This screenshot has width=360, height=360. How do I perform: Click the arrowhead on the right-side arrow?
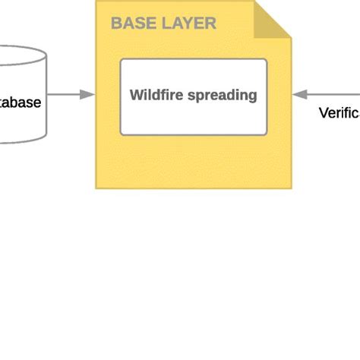pyautogui.click(x=298, y=95)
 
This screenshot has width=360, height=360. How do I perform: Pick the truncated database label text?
pyautogui.click(x=21, y=102)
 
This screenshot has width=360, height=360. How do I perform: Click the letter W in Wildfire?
pyautogui.click(x=136, y=96)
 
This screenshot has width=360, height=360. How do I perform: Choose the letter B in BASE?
pyautogui.click(x=117, y=24)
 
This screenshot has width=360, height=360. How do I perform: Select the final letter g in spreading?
pyautogui.click(x=253, y=97)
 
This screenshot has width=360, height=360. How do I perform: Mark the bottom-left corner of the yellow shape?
pyautogui.click(x=96, y=188)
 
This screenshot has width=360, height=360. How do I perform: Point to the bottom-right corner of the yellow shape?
pyautogui.click(x=291, y=188)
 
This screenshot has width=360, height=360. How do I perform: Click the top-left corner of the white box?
pyautogui.click(x=122, y=60)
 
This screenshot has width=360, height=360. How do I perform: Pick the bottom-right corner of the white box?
pyautogui.click(x=267, y=134)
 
